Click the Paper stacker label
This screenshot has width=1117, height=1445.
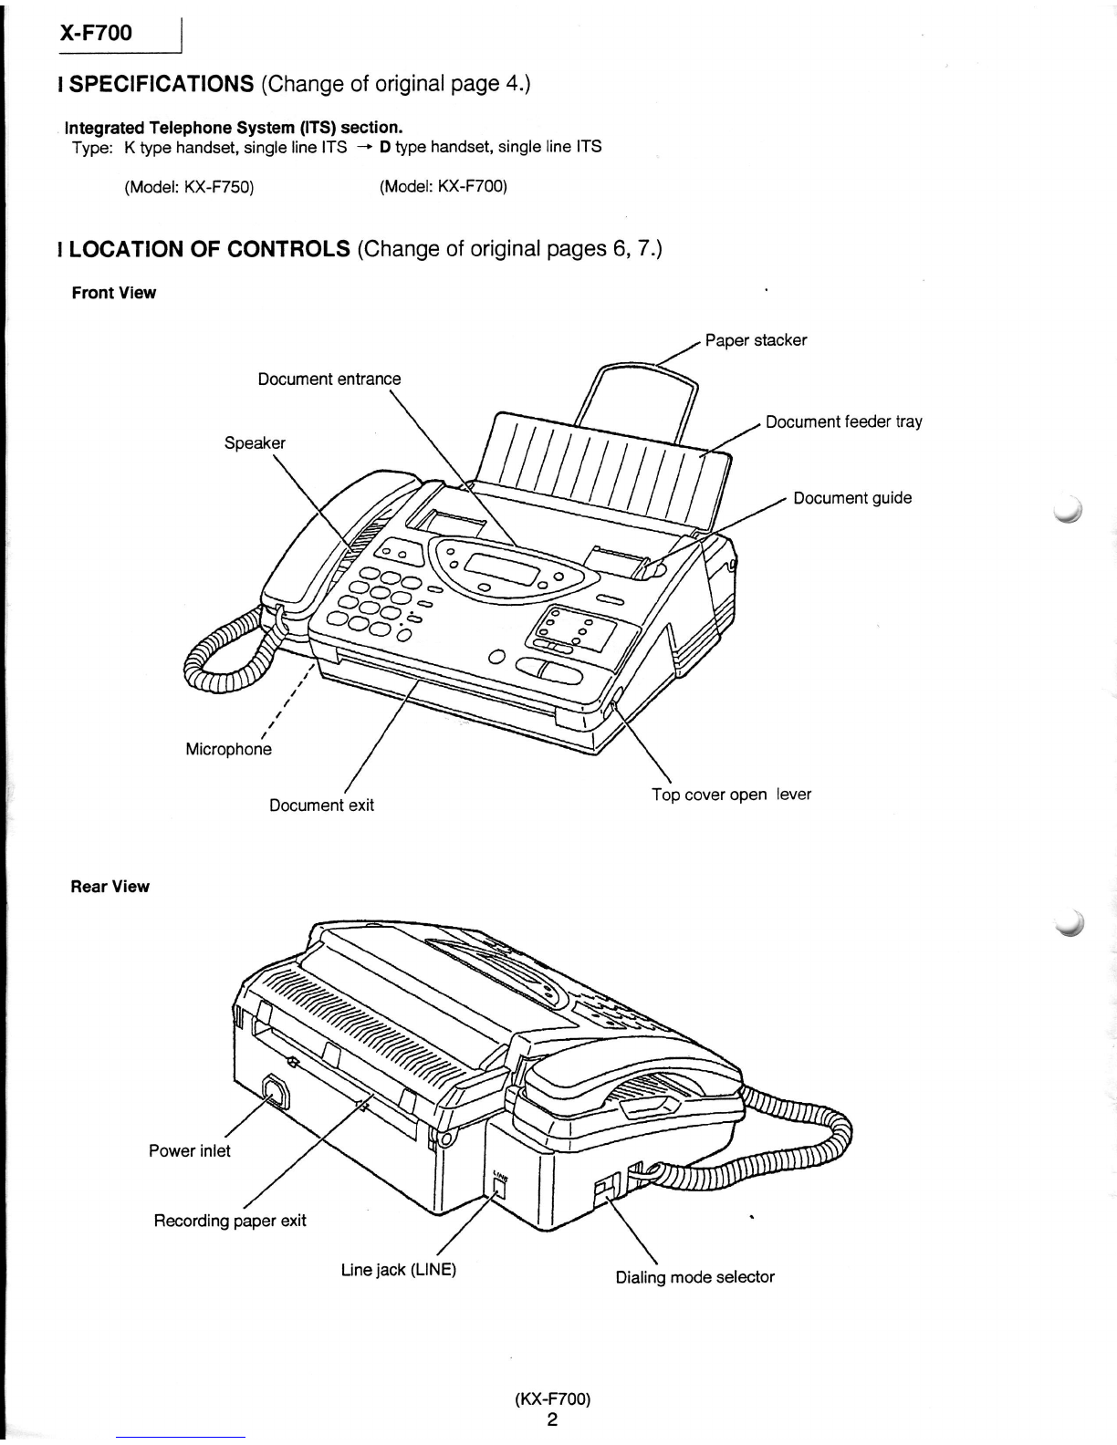(756, 340)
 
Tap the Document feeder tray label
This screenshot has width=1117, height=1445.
(843, 422)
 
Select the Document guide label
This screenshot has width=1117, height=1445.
(852, 498)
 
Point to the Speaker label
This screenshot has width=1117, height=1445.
(255, 442)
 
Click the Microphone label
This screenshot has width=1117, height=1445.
(228, 750)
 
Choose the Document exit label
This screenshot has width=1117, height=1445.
(321, 806)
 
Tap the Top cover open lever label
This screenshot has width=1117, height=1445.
(731, 795)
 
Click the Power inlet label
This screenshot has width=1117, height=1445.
(190, 1151)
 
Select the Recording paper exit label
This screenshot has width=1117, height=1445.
(230, 1221)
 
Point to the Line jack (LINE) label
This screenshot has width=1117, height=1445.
(399, 1270)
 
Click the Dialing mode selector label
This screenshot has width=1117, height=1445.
(694, 1277)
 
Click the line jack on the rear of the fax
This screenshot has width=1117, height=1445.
(499, 1188)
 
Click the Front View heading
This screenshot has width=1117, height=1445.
(114, 293)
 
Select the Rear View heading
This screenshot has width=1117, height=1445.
(110, 887)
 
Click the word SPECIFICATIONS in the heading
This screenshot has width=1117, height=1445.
(161, 84)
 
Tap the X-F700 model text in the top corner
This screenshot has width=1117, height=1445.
(96, 33)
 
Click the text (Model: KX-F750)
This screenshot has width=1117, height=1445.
(189, 187)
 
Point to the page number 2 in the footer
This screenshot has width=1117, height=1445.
(552, 1419)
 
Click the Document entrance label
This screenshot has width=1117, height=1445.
(329, 379)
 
